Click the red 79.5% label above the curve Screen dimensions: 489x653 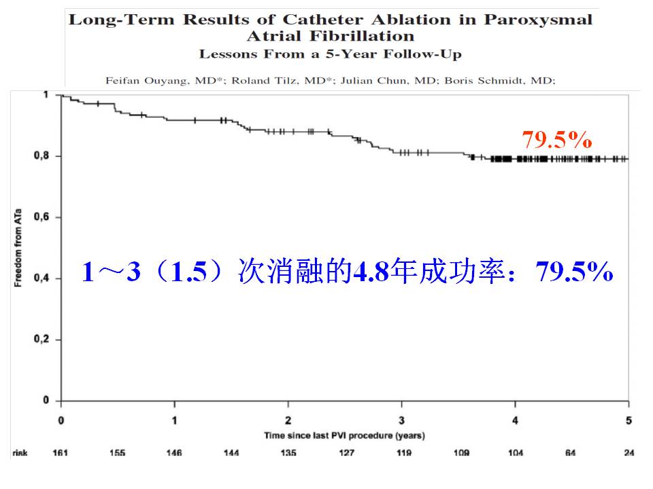(x=556, y=140)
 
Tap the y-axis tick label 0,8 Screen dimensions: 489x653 (x=43, y=156)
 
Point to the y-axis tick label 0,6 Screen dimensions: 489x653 (x=43, y=217)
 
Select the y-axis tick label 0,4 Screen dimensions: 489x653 (x=43, y=278)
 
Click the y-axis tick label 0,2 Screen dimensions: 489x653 (x=43, y=340)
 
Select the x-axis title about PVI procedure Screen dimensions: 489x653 (x=344, y=435)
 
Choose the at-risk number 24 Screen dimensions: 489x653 (x=629, y=453)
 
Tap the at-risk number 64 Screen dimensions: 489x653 (x=571, y=453)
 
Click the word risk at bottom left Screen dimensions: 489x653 (x=20, y=453)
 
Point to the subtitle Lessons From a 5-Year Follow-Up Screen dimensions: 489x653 (x=330, y=54)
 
